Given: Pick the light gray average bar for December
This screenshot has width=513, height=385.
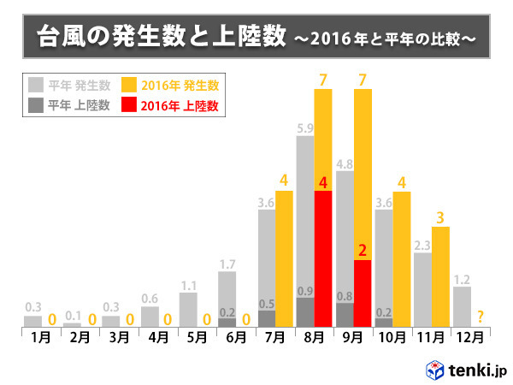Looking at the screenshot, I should [463, 306].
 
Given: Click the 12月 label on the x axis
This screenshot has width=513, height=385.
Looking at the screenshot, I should [469, 337].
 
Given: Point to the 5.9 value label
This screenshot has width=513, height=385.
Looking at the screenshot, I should [304, 127].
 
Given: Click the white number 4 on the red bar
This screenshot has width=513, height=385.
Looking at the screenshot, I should [323, 181].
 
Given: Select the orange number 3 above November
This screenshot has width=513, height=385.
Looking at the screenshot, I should [440, 217].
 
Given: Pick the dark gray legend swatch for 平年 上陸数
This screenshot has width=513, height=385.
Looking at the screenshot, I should [36, 106].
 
